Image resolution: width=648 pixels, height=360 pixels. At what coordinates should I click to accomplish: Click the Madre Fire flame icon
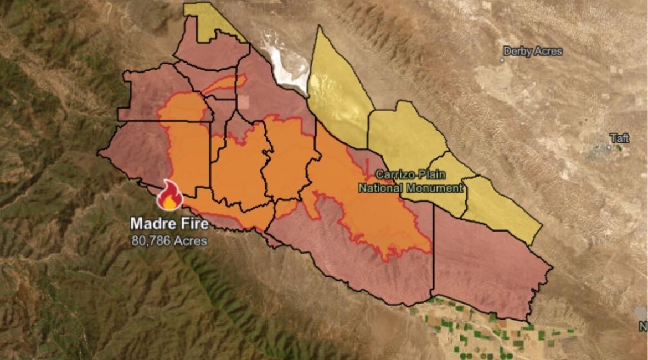[169, 196]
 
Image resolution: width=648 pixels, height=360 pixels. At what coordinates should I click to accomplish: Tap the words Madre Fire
[169, 224]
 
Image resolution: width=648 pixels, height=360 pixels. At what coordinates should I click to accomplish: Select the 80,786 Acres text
[169, 241]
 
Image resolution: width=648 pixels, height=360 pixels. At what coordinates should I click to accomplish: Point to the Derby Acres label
[532, 52]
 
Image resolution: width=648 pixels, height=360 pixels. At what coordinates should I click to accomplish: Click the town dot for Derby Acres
[502, 60]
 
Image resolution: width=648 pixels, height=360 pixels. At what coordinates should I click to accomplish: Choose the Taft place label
[619, 138]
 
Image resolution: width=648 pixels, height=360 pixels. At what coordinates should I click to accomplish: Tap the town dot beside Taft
[609, 147]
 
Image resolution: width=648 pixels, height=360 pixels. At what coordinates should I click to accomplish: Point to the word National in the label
[380, 188]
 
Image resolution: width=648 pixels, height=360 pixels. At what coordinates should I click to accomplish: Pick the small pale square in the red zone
[244, 102]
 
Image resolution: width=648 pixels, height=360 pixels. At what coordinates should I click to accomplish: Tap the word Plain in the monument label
[433, 174]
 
